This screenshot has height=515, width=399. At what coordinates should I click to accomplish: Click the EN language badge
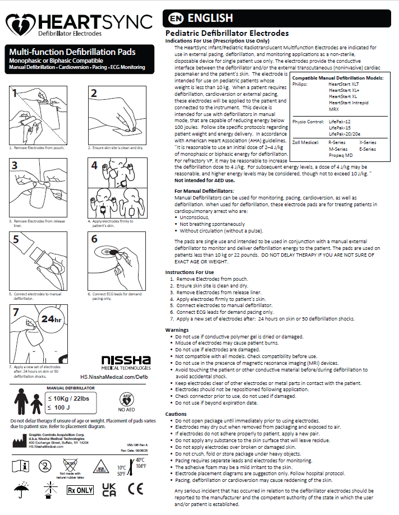[x=173, y=18]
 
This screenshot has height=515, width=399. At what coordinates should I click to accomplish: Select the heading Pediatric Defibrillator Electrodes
[x=227, y=34]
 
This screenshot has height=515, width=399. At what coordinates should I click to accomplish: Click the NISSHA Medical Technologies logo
[x=125, y=362]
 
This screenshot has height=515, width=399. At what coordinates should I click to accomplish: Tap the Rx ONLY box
[x=80, y=489]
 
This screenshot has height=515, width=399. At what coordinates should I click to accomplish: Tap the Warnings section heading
[x=177, y=330]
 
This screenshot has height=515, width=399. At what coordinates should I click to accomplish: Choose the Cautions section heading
[x=176, y=414]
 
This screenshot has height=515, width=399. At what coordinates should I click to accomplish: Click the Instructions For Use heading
[x=189, y=272]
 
